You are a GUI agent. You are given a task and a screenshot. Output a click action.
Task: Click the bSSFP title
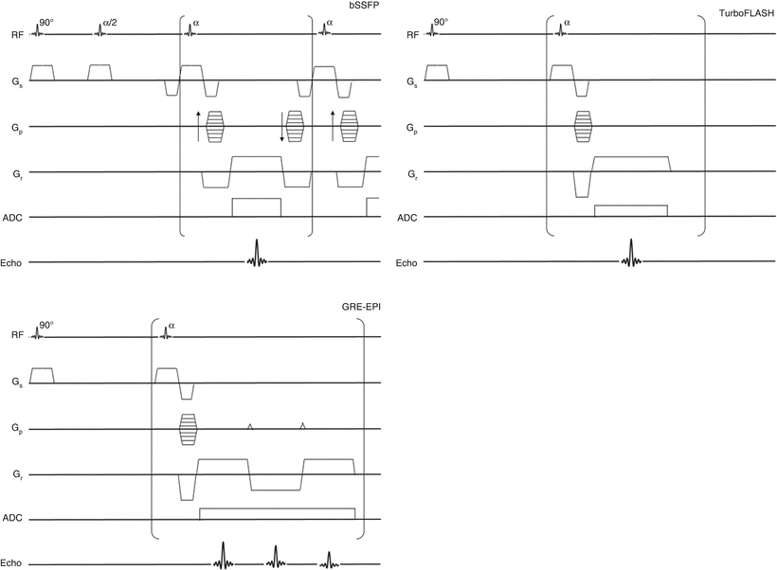(x=365, y=8)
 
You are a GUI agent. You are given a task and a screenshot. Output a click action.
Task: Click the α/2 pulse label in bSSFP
(x=107, y=20)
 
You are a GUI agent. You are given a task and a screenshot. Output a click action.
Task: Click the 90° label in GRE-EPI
(x=46, y=324)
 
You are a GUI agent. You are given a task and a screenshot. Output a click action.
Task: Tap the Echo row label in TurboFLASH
(x=406, y=262)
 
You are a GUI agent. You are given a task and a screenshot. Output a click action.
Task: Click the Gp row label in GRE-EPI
(x=14, y=429)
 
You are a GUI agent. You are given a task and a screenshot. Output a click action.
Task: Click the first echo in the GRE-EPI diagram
(x=222, y=555)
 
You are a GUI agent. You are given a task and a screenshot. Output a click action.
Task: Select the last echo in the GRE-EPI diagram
(x=328, y=560)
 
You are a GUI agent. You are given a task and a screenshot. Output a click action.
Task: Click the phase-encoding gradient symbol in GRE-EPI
(x=188, y=429)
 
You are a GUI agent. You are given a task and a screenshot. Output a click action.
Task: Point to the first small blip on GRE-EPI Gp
(x=250, y=427)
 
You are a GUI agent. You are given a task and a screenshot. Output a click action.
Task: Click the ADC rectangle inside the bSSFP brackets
(x=256, y=207)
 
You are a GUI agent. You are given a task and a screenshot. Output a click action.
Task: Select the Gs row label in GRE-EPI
(x=14, y=383)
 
